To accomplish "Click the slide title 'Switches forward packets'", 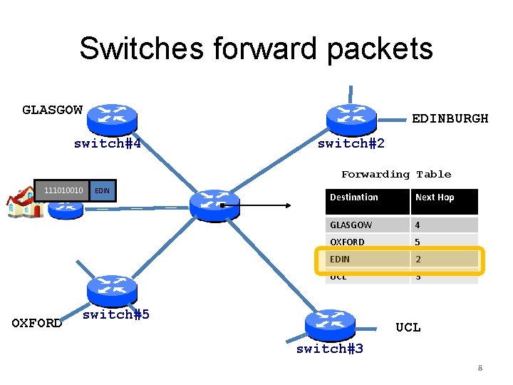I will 256,48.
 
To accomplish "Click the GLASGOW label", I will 52,110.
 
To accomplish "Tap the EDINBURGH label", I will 450,118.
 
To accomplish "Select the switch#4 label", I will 107,144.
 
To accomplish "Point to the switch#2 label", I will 351,144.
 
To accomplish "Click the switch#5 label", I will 116,314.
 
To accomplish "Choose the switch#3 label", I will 330,349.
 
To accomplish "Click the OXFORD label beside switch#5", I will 37,323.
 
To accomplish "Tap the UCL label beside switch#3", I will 408,327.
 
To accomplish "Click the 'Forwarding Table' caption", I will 395,174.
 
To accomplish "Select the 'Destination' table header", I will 354,197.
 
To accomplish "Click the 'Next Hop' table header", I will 435,197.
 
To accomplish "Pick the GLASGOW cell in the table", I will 351,225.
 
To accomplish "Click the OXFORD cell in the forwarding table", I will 347,242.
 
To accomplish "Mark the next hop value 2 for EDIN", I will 419,260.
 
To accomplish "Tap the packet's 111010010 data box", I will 63,190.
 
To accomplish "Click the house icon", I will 23,202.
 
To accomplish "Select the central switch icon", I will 214,205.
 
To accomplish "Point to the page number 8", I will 480,369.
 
